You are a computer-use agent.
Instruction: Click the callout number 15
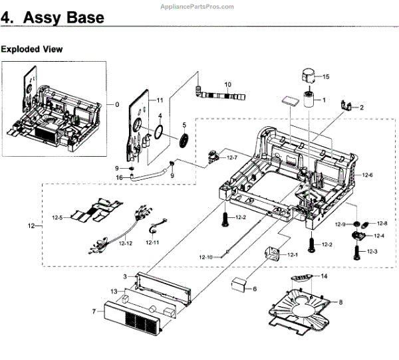coord(326,76)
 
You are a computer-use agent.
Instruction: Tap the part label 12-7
coord(232,157)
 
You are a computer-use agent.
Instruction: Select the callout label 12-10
coord(205,257)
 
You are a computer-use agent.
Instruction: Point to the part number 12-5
coord(57,218)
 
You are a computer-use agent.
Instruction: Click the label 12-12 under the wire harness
coord(126,243)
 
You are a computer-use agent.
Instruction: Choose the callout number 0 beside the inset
coord(117,104)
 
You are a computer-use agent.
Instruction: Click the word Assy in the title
coord(41,18)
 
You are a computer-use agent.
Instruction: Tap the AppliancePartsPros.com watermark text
coord(197,7)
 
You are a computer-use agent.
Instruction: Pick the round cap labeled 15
coord(309,76)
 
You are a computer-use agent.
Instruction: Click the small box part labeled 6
coord(239,285)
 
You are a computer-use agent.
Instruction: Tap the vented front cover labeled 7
coord(132,315)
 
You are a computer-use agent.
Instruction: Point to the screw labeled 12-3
coord(356,252)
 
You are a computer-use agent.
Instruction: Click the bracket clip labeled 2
coord(346,106)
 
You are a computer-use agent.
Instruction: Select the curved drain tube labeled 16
coord(149,175)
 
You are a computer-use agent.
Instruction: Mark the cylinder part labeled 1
coord(309,100)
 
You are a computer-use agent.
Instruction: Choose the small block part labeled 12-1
coord(272,253)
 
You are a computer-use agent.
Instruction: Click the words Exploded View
coord(31,49)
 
